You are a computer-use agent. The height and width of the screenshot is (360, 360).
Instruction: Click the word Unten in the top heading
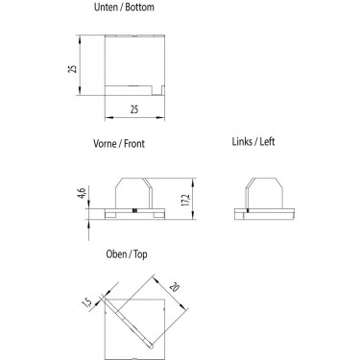(x=106, y=7)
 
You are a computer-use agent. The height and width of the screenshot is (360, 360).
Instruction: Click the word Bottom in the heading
(x=139, y=7)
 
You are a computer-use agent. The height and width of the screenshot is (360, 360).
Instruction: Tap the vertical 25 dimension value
(x=73, y=68)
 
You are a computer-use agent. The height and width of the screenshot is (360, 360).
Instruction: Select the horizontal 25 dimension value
(x=134, y=109)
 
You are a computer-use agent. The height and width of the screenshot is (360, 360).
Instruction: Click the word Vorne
(x=105, y=143)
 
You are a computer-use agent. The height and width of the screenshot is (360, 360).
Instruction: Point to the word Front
(x=134, y=144)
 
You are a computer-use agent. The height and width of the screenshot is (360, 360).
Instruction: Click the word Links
(x=242, y=141)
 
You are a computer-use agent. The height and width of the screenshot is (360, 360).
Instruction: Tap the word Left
(x=267, y=141)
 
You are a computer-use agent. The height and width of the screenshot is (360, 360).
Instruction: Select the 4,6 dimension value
(x=83, y=193)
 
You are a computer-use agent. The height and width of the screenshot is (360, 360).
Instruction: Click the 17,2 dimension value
(x=186, y=200)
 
